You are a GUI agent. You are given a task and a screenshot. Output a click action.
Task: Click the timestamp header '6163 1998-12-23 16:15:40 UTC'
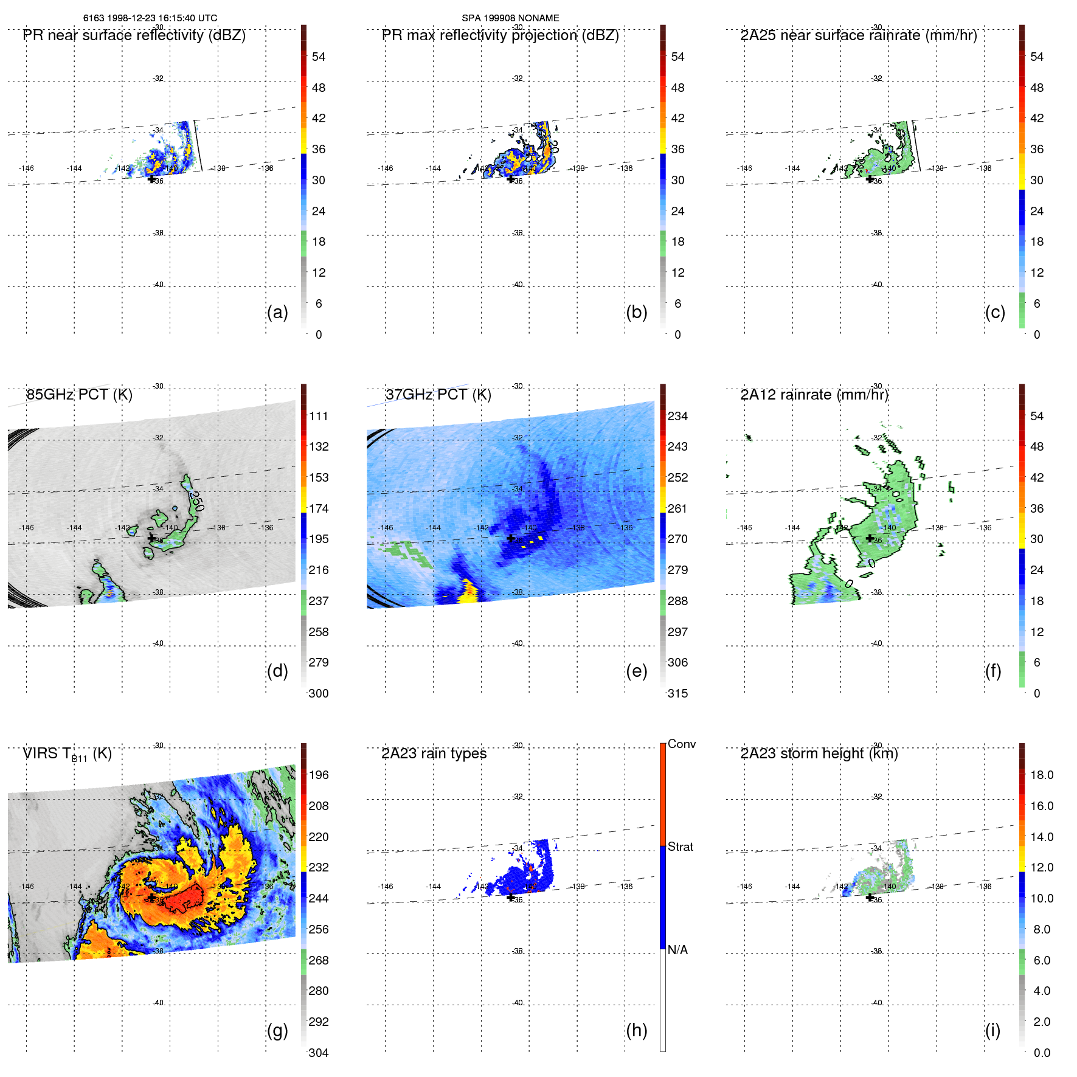pos(150,18)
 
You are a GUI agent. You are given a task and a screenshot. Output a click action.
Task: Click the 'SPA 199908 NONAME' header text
pos(510,18)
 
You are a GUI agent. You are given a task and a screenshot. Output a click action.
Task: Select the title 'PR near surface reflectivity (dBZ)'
pos(134,35)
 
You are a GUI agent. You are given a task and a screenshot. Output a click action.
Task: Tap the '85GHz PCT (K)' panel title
pos(79,395)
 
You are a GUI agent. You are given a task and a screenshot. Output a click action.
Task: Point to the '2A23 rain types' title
pos(434,753)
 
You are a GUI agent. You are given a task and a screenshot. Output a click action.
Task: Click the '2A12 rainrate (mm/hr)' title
pos(814,395)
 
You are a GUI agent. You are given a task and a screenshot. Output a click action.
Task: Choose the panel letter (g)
pos(277,1030)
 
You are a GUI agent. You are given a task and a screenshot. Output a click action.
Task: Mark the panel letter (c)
pos(995,312)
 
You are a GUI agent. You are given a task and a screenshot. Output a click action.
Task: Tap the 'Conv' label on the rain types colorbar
pos(681,744)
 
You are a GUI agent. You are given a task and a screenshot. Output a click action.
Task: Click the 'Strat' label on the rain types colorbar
pos(680,847)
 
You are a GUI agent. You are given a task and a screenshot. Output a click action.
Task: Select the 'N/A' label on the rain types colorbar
pos(677,950)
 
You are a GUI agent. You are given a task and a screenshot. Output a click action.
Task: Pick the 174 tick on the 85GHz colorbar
pos(318,508)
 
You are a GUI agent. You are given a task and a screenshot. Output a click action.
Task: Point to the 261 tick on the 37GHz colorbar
pos(677,508)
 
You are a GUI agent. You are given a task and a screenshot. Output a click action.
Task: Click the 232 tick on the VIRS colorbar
pos(318,867)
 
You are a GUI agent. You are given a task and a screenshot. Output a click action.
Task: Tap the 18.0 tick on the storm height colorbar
pos(1041,775)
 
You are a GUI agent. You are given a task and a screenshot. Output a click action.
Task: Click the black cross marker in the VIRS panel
pos(151,898)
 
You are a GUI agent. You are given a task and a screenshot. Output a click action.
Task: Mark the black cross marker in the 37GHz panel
pos(511,538)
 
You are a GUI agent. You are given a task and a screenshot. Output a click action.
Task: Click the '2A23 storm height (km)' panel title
pos(819,753)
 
